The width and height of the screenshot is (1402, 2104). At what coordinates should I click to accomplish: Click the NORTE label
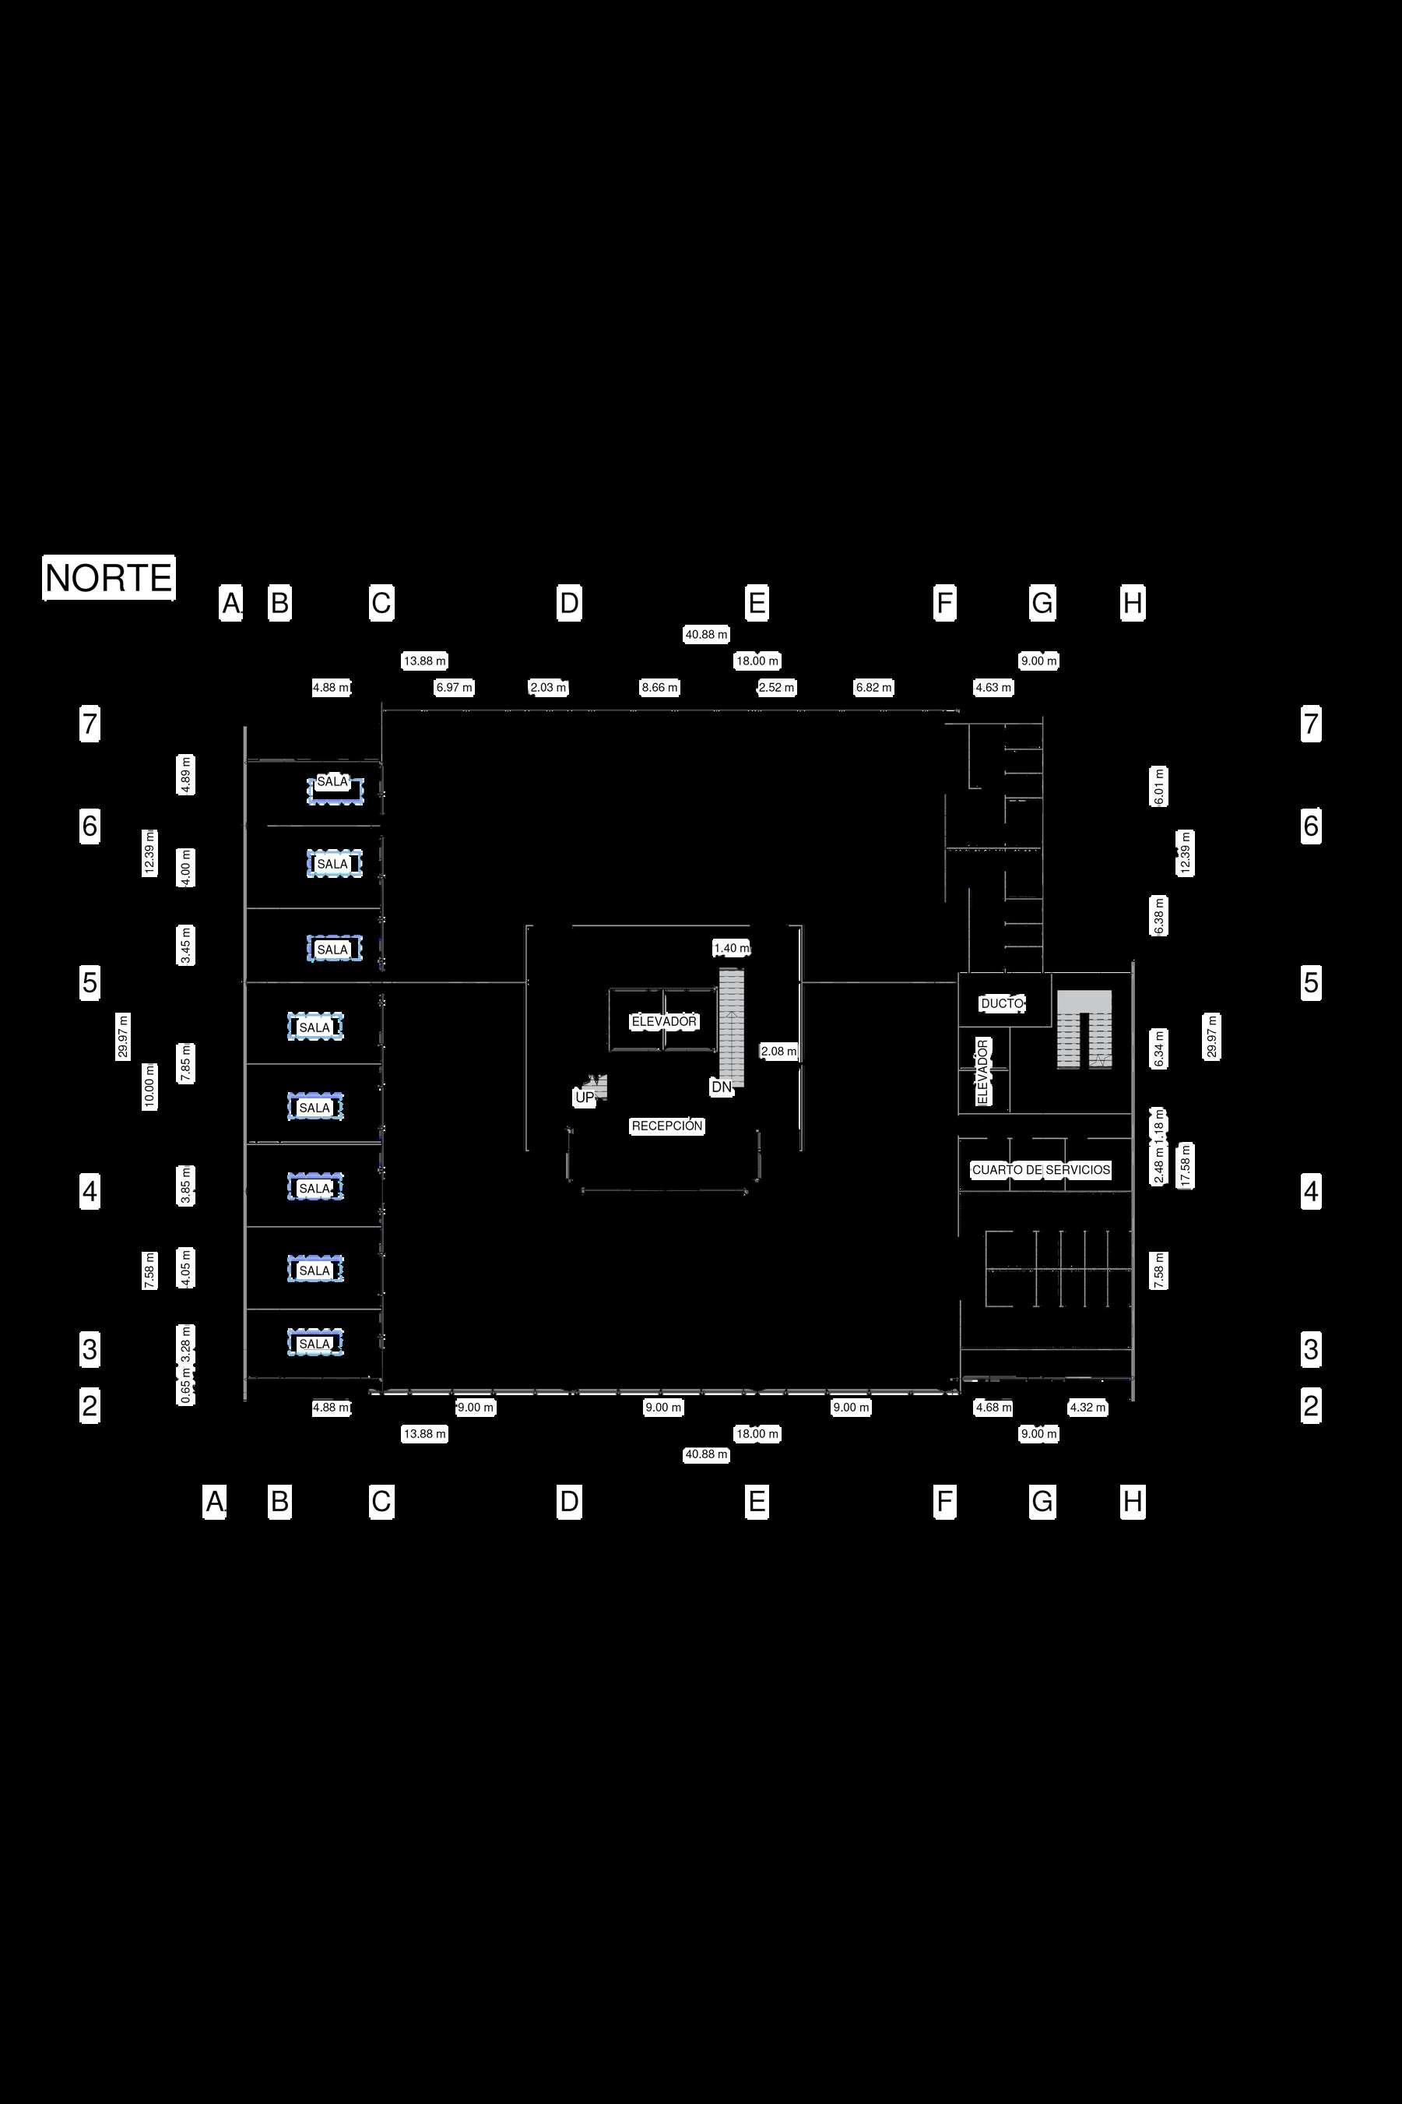click(109, 578)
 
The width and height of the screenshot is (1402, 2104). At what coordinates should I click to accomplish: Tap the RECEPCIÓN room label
click(667, 1126)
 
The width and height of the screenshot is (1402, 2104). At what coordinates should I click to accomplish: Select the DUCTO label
click(1001, 1003)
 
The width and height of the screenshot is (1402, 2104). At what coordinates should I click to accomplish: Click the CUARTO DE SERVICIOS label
click(1041, 1170)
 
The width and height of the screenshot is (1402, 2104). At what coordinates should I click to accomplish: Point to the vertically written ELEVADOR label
click(982, 1071)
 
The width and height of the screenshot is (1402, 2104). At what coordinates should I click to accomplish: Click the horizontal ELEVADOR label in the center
click(663, 1021)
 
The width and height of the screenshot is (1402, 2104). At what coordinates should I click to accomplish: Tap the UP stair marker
click(584, 1098)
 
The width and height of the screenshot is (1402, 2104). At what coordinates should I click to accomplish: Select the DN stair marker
click(721, 1087)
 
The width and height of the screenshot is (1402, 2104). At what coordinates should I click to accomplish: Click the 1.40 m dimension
click(732, 948)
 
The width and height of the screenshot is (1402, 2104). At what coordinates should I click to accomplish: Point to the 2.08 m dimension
click(778, 1052)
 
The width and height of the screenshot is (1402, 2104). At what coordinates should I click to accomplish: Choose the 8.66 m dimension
click(660, 688)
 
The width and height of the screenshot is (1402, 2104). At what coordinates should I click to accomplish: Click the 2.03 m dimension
click(548, 688)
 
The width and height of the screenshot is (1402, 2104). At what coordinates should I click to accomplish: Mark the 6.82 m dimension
click(873, 688)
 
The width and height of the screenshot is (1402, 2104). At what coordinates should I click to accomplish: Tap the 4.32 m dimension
click(1088, 1407)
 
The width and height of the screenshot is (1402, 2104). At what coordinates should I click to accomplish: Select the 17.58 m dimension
click(1186, 1165)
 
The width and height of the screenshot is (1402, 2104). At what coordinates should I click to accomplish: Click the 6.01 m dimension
click(1159, 785)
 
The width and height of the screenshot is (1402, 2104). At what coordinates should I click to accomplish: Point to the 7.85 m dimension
click(186, 1063)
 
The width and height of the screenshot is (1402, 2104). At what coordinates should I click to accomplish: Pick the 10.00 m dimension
click(149, 1087)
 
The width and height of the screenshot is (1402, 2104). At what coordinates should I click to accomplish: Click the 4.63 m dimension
click(993, 688)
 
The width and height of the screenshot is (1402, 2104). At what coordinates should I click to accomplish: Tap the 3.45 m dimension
click(186, 946)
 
